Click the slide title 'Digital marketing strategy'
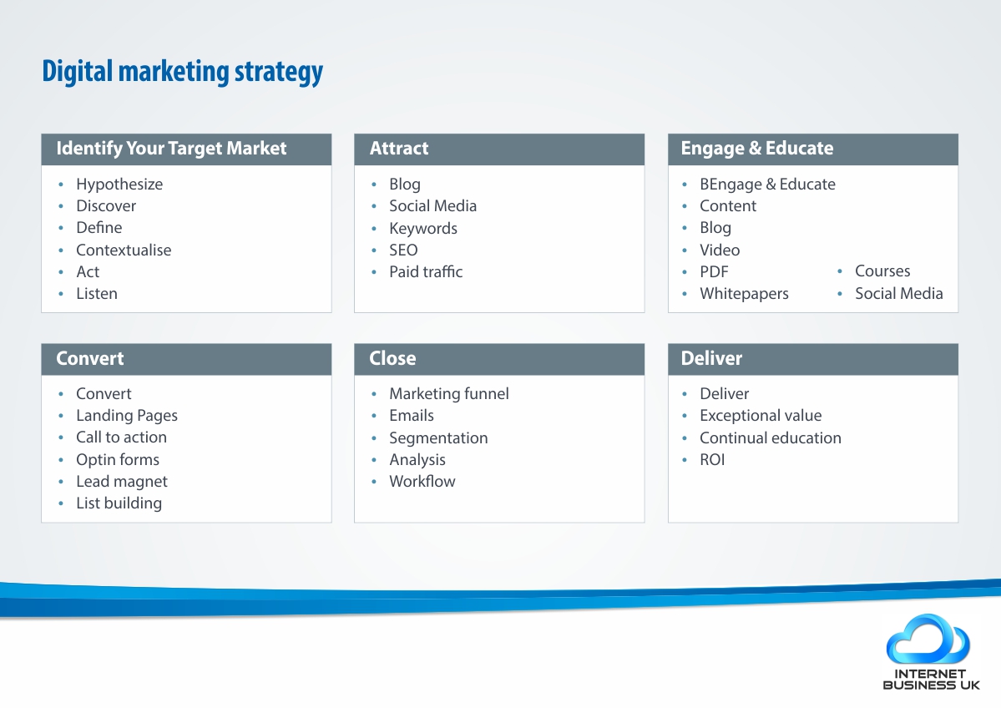[183, 72]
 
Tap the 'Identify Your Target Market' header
[171, 148]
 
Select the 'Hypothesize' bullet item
[119, 185]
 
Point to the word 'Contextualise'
[124, 250]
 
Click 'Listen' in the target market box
[97, 294]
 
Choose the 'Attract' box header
[399, 148]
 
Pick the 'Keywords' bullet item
[423, 229]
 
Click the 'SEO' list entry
[403, 250]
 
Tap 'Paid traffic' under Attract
[426, 272]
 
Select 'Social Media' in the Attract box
[432, 206]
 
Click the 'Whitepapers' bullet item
[745, 294]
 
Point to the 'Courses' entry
[882, 271]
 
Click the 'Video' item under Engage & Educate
[720, 250]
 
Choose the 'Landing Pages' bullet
[127, 416]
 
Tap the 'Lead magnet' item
[122, 482]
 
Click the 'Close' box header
[392, 358]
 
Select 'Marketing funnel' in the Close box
[449, 394]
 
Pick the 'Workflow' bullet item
[422, 482]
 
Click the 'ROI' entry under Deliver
[712, 460]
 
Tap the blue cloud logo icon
[928, 640]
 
